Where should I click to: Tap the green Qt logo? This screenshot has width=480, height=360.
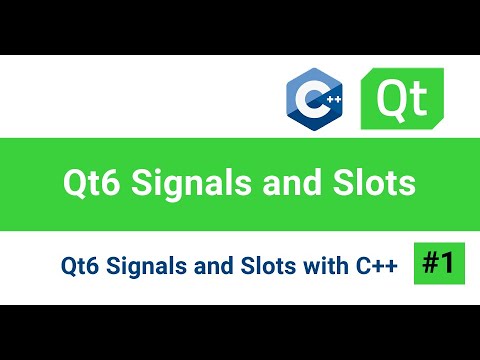pyautogui.click(x=402, y=98)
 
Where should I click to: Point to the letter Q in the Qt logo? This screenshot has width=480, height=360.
pyautogui.click(x=390, y=98)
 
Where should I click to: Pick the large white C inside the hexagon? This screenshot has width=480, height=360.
pyautogui.click(x=313, y=101)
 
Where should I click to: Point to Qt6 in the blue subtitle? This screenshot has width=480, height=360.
pyautogui.click(x=79, y=266)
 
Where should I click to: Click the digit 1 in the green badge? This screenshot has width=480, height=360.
pyautogui.click(x=448, y=263)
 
